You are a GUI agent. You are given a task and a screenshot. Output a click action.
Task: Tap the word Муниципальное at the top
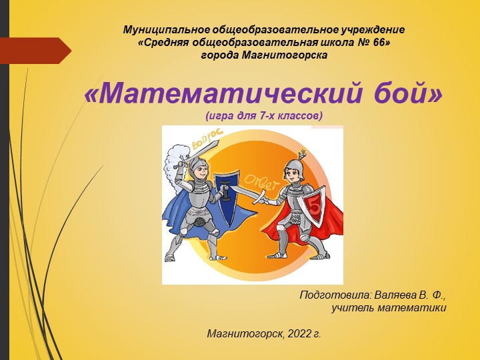click(167, 30)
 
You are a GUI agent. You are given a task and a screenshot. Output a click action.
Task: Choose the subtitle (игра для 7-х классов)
click(264, 116)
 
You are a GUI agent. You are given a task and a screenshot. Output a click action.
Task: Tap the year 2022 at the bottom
click(299, 333)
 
